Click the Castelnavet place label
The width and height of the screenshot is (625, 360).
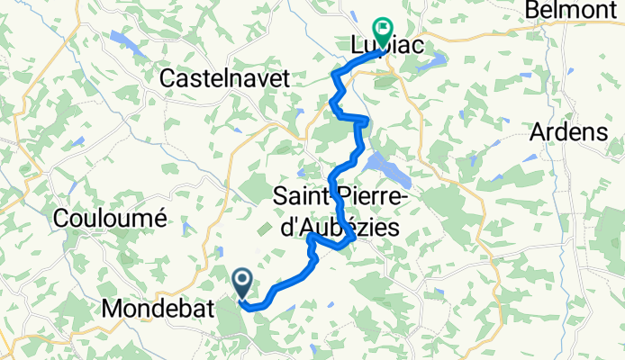(x=224, y=79)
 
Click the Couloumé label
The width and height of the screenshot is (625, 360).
(x=111, y=217)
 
